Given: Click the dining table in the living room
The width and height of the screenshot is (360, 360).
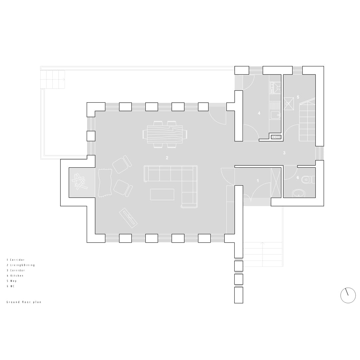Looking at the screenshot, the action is pos(165,134).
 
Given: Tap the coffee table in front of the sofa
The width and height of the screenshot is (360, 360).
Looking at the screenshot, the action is pos(162,194).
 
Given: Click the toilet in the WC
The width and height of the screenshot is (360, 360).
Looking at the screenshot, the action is pos(308,179).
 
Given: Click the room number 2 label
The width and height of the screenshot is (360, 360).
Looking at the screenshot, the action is pos(167,158).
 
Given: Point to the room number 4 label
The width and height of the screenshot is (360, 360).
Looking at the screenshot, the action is pos(259,113).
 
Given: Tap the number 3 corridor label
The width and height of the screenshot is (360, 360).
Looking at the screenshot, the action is pos(284,153).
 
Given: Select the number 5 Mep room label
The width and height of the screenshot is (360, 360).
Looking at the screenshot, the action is pos(298,97).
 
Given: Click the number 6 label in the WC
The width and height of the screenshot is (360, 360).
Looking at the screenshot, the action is pos(298,177).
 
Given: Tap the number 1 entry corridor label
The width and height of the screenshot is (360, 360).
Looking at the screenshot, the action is pos(258,181).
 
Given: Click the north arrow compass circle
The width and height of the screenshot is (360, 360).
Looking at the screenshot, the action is pos(348,295).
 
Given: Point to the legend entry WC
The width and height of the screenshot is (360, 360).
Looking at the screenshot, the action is pos(11,286).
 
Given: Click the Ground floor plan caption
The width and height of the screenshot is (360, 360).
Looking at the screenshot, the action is pos(24,302).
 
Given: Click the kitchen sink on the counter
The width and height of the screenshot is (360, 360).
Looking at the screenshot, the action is pos(275,115).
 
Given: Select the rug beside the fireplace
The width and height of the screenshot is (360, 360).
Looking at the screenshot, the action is pos(105,183).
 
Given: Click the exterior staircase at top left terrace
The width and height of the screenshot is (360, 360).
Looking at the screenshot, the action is pos(53,80).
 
